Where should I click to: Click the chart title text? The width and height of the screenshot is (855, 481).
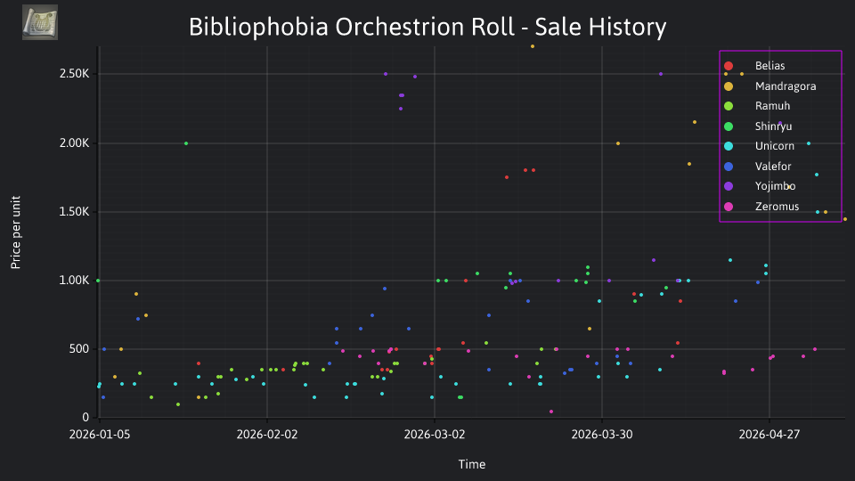tap(427, 27)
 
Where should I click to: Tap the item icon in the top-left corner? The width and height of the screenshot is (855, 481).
tap(40, 22)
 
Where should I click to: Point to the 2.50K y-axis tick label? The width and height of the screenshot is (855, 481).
tap(74, 74)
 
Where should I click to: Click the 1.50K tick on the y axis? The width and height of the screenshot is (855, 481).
tap(74, 212)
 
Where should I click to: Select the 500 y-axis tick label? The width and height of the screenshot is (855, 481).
tap(79, 349)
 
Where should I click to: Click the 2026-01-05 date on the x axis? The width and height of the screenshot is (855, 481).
tap(100, 435)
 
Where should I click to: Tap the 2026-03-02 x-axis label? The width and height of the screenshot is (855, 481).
tap(435, 435)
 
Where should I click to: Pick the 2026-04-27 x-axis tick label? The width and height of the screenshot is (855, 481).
tap(769, 435)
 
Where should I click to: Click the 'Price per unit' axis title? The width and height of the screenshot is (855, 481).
tap(15, 232)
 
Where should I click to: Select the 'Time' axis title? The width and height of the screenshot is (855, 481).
tap(472, 465)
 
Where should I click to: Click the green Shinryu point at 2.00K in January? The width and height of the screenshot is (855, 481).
tap(186, 143)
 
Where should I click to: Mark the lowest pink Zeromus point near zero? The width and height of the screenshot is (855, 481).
tap(551, 412)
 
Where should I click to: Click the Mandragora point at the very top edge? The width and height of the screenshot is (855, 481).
tap(533, 46)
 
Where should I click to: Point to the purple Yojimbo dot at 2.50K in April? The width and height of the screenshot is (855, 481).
tap(661, 74)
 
